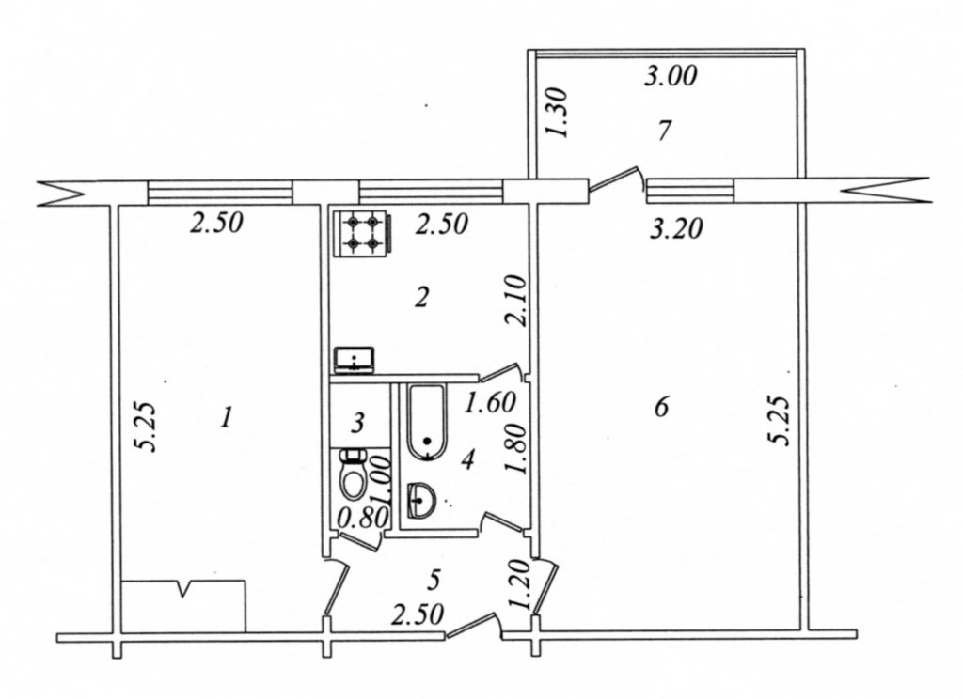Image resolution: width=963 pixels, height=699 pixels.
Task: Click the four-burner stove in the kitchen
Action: [361, 233]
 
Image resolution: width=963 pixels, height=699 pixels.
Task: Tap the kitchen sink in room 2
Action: [355, 360]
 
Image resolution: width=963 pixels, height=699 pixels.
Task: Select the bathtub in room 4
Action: [428, 422]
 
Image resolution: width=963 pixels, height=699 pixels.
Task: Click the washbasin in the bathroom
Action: [420, 500]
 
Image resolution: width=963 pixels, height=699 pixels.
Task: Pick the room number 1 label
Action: [227, 419]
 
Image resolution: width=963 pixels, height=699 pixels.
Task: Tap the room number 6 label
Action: [661, 406]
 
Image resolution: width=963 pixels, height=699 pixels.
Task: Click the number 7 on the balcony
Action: [663, 131]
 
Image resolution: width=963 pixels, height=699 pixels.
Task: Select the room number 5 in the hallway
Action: [434, 580]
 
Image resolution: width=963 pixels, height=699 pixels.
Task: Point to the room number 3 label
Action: [358, 422]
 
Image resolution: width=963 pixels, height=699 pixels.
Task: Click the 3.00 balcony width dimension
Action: [671, 77]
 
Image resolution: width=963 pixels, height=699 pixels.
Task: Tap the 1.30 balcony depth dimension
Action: [557, 113]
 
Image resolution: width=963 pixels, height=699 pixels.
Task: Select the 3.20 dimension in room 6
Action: [675, 229]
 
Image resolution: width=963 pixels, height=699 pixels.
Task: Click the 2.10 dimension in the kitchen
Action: [514, 301]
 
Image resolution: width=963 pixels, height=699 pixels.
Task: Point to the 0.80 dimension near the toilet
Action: [363, 519]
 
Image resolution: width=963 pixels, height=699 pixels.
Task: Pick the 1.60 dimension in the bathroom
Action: [489, 403]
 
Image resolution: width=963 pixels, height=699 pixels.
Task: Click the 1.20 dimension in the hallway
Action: [519, 584]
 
